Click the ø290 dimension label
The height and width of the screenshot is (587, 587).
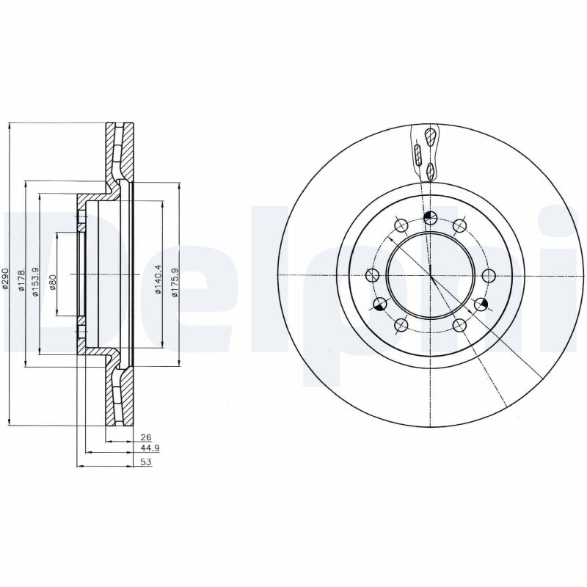[x=5, y=280]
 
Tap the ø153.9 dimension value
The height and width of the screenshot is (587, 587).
[x=34, y=280]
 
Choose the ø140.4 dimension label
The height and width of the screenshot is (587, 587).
[x=158, y=280]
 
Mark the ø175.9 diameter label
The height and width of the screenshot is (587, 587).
[x=174, y=280]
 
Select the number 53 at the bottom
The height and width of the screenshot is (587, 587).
[x=145, y=462]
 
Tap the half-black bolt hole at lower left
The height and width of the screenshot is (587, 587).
[x=380, y=304]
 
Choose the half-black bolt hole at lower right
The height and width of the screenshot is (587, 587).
[x=481, y=304]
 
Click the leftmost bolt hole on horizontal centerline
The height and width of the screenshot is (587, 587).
[x=372, y=275]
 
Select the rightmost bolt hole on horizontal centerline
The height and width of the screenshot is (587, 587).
[x=488, y=275]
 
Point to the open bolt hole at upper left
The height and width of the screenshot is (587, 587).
[x=401, y=225]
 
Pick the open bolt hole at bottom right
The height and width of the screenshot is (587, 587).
[x=459, y=325]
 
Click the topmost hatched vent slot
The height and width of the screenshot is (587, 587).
[x=430, y=136]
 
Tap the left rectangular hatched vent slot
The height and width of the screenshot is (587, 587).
[x=417, y=155]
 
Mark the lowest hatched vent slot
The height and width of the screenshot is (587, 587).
[x=431, y=171]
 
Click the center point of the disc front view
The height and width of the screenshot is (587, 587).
[x=430, y=275]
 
